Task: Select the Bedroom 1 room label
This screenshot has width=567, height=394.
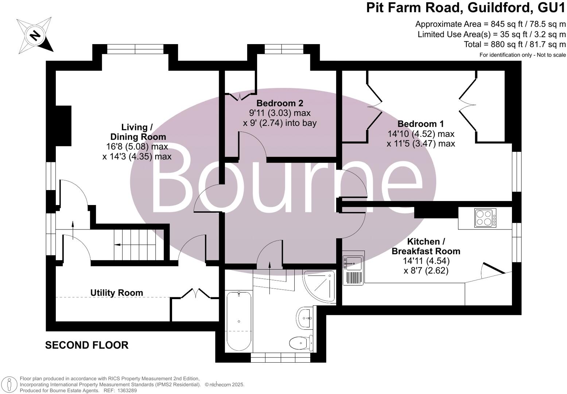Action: tap(420, 124)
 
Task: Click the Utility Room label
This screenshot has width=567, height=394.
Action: tap(117, 293)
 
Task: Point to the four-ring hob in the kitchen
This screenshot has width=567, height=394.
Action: tap(485, 217)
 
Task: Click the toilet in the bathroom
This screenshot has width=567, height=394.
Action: tap(301, 343)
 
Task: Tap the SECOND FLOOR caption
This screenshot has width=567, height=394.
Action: tap(87, 345)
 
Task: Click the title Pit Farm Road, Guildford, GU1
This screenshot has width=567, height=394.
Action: tap(466, 8)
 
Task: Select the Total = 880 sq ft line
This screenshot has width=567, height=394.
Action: tap(514, 45)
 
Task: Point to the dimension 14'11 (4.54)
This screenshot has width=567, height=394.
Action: tap(426, 261)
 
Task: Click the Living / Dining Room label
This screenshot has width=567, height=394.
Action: tap(138, 132)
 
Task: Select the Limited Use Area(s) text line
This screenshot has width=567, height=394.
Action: tap(492, 34)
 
